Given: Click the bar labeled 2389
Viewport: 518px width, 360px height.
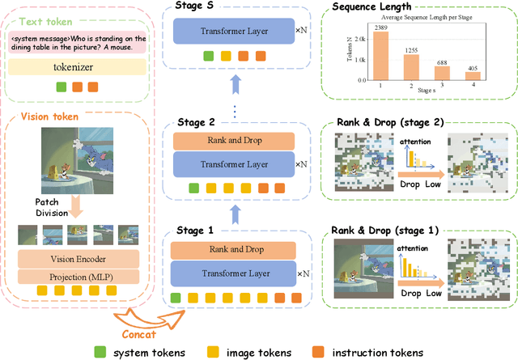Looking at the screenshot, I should (380, 57).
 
